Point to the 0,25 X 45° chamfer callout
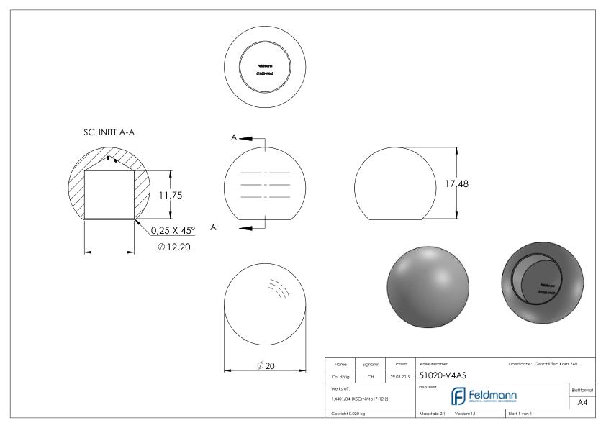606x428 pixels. click(174, 231)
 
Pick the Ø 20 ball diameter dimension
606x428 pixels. click(266, 365)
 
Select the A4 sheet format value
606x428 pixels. click(584, 404)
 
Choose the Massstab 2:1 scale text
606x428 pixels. click(435, 414)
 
